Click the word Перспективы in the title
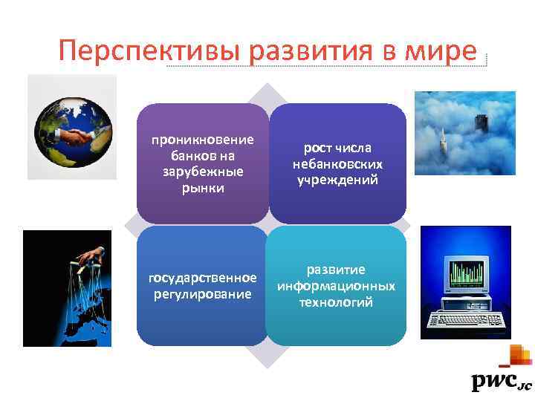[151, 52]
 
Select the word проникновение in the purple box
[202, 140]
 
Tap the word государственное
[202, 279]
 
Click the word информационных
[336, 287]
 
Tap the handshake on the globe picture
[70, 137]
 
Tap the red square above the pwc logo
[516, 355]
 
